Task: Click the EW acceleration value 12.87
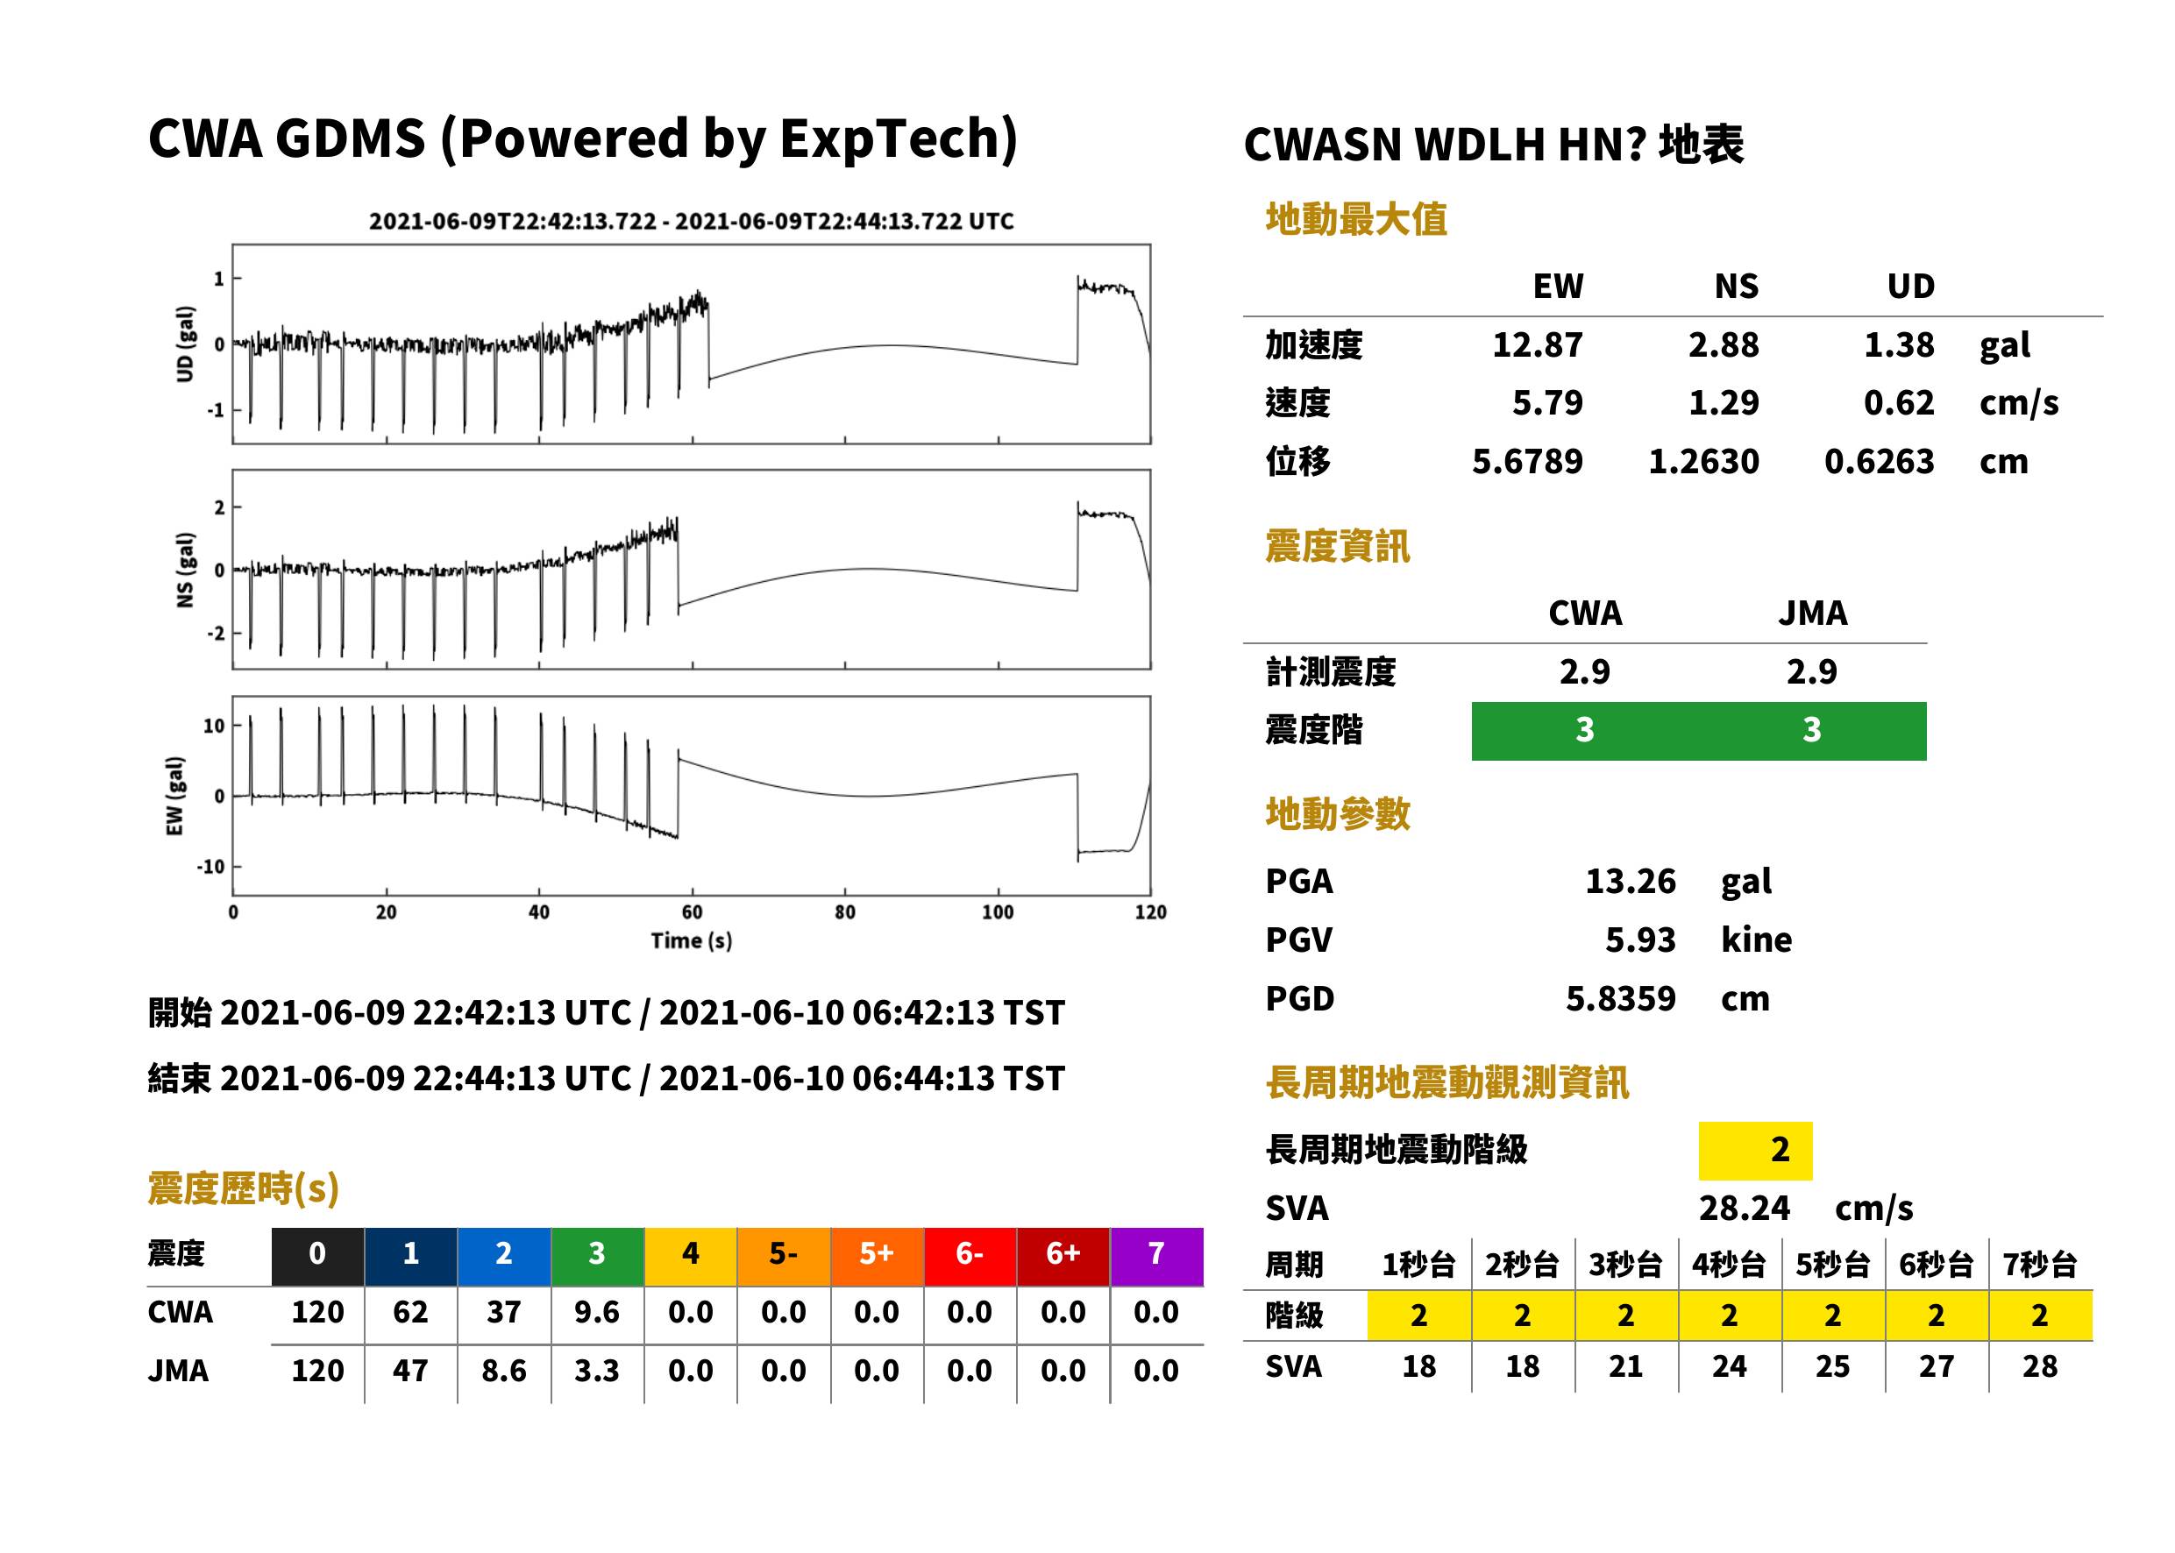[1537, 345]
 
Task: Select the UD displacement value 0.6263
[1879, 462]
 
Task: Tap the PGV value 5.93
[1640, 940]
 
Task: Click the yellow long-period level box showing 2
[1755, 1151]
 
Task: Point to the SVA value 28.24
[1744, 1209]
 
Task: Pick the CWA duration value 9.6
[597, 1313]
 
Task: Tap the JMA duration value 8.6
[504, 1372]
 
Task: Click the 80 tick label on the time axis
[844, 912]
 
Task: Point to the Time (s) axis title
[692, 941]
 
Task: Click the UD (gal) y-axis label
[186, 344]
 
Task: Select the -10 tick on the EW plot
[210, 868]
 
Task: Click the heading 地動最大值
[1356, 219]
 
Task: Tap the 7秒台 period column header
[2040, 1266]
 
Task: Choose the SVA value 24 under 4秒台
[1730, 1366]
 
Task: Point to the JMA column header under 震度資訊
[1813, 613]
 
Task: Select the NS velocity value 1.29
[1724, 403]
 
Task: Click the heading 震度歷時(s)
[244, 1188]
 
